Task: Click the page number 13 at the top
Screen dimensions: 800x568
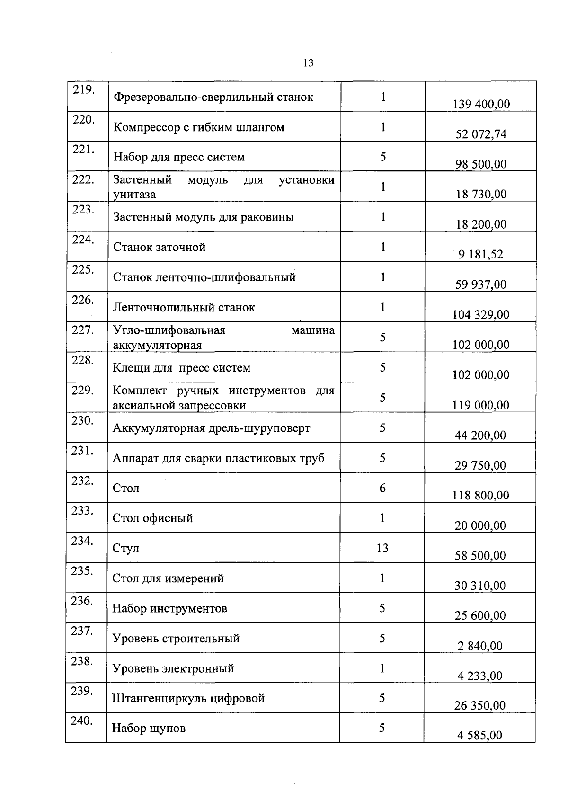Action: point(308,63)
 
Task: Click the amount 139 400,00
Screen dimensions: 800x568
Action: point(481,104)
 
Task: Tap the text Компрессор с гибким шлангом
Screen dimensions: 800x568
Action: point(199,127)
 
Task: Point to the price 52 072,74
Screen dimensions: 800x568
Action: point(481,134)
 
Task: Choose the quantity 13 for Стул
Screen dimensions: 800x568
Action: point(382,548)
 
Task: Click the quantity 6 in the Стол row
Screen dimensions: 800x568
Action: point(382,488)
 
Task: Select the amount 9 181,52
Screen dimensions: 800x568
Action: point(480,254)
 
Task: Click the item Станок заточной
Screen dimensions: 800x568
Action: point(159,247)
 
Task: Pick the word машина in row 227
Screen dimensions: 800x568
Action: point(313,330)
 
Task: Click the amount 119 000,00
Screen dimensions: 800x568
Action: point(481,405)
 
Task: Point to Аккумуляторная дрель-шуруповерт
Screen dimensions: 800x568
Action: point(212,428)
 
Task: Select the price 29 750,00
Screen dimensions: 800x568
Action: point(480,465)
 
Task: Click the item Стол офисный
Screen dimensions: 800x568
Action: point(152,518)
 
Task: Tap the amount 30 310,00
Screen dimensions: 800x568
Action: point(480,586)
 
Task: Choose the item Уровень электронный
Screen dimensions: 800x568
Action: point(173,668)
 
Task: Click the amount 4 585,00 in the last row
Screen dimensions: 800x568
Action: point(479,735)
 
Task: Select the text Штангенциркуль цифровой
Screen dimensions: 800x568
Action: point(188,698)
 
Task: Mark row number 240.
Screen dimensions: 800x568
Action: point(81,721)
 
